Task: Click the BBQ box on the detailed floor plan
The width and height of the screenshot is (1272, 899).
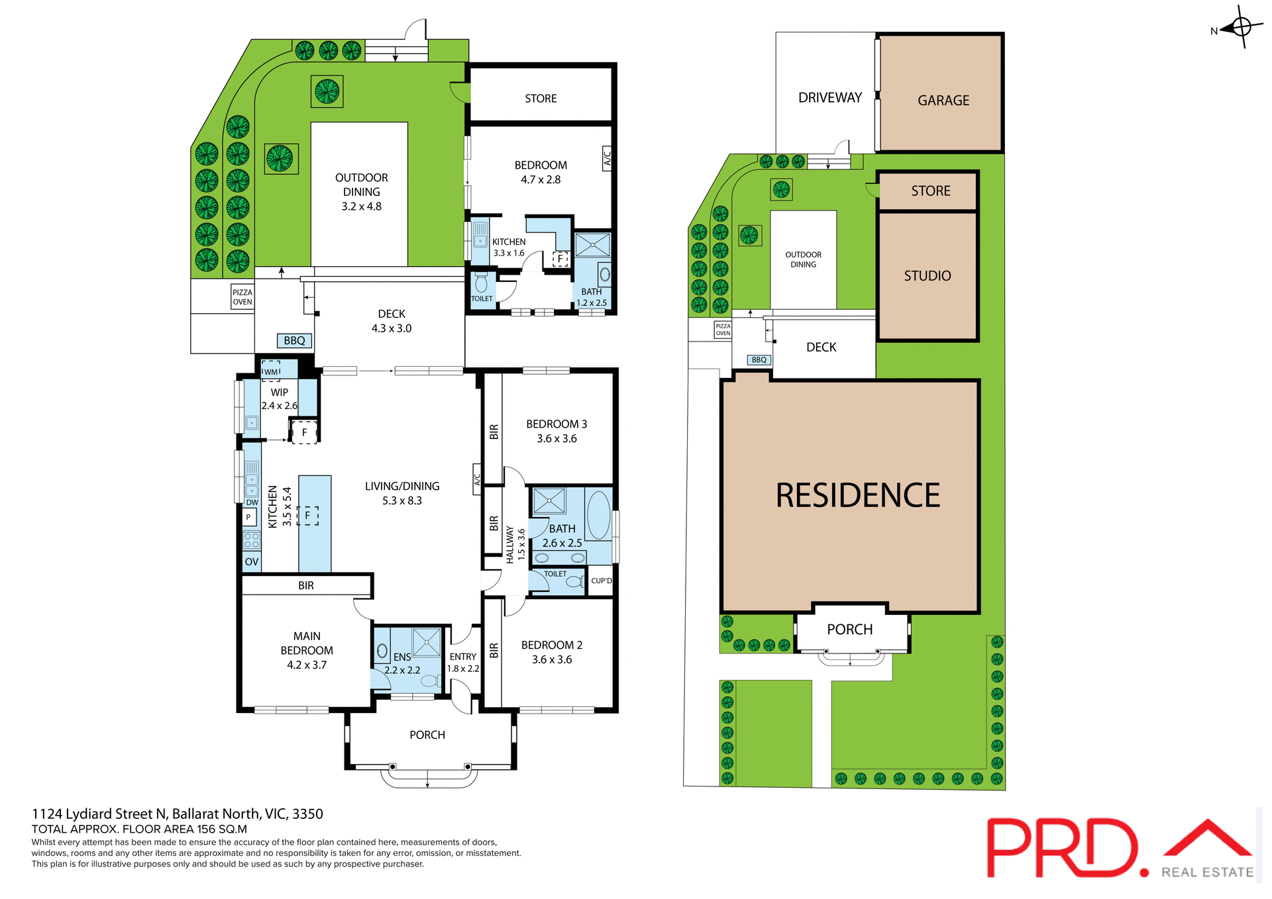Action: click(x=294, y=340)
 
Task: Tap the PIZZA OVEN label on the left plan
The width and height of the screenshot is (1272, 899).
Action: click(x=242, y=297)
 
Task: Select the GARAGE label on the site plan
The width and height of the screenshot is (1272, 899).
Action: click(x=943, y=101)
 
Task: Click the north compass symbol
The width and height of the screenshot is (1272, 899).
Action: click(x=1242, y=27)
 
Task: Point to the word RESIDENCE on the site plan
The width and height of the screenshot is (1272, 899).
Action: click(x=857, y=495)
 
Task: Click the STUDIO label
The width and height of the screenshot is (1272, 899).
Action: click(x=927, y=276)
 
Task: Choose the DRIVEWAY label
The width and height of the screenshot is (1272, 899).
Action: click(x=829, y=98)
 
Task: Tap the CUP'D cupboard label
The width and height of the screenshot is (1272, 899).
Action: click(x=601, y=581)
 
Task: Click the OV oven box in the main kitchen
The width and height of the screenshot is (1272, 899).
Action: click(x=251, y=561)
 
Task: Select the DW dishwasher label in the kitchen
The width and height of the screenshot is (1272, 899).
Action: click(x=252, y=502)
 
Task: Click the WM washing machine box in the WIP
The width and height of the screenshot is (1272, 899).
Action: click(x=271, y=371)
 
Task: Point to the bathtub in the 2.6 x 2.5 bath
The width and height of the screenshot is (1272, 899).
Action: click(x=598, y=515)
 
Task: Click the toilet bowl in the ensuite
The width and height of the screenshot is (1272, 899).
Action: click(x=429, y=681)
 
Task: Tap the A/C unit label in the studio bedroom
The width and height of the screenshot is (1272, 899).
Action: click(x=607, y=158)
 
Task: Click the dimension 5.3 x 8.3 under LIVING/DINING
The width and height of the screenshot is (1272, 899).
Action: click(x=401, y=500)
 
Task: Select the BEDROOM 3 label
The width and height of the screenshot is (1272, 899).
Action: click(x=556, y=424)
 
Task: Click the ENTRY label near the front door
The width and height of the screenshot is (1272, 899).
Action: click(x=462, y=657)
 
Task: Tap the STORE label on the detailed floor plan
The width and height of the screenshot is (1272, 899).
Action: click(x=541, y=99)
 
